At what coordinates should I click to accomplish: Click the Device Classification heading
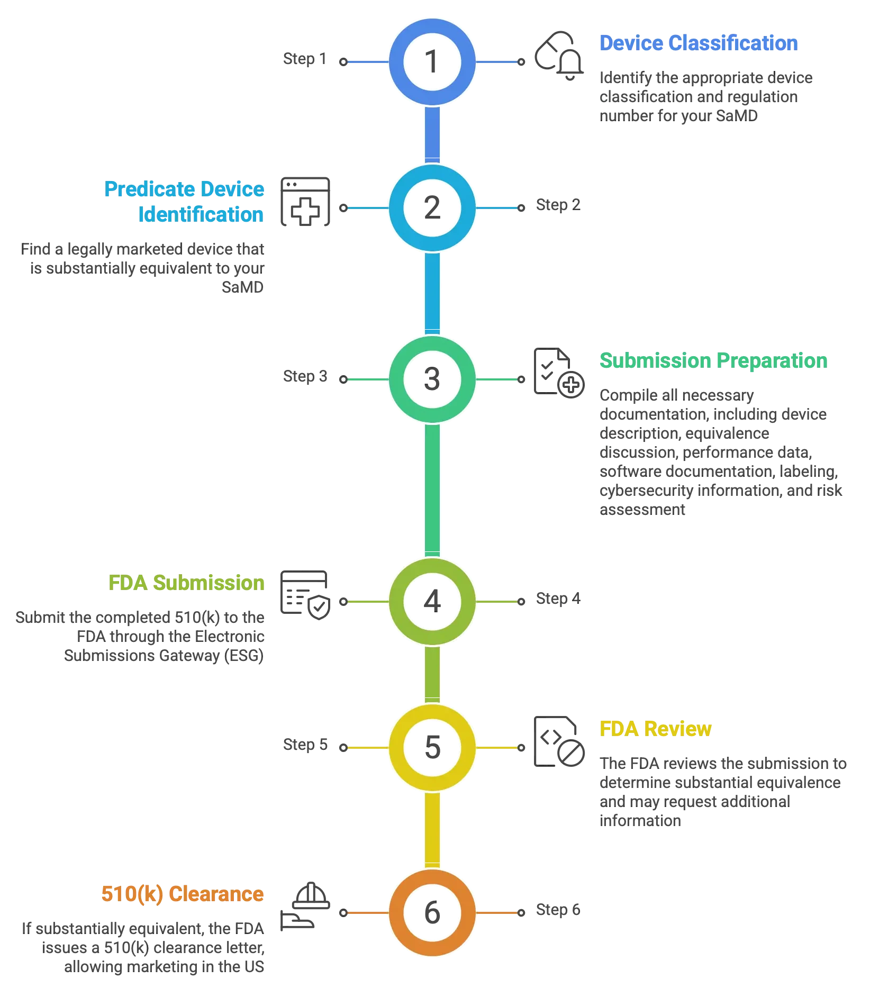tap(697, 43)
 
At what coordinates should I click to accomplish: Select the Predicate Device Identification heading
tap(184, 202)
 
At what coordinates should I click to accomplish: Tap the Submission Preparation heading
tap(712, 360)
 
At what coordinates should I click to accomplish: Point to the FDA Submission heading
tap(186, 583)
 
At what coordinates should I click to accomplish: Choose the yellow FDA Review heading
tap(655, 729)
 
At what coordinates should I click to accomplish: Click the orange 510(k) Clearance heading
tap(183, 894)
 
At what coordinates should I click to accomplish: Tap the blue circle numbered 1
tap(432, 62)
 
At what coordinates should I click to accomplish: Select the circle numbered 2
tap(432, 208)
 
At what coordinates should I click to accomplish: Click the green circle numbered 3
tap(432, 379)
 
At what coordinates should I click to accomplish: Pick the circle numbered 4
tap(432, 602)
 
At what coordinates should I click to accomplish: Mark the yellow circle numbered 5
tap(432, 747)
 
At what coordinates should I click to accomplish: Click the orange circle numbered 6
tap(432, 912)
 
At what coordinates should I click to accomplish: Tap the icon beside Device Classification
tap(559, 57)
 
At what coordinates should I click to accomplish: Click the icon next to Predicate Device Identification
tap(305, 201)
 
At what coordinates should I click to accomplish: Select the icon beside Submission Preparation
tap(559, 374)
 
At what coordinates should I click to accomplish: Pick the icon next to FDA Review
tap(559, 742)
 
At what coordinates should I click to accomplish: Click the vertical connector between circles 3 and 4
tap(432, 490)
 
